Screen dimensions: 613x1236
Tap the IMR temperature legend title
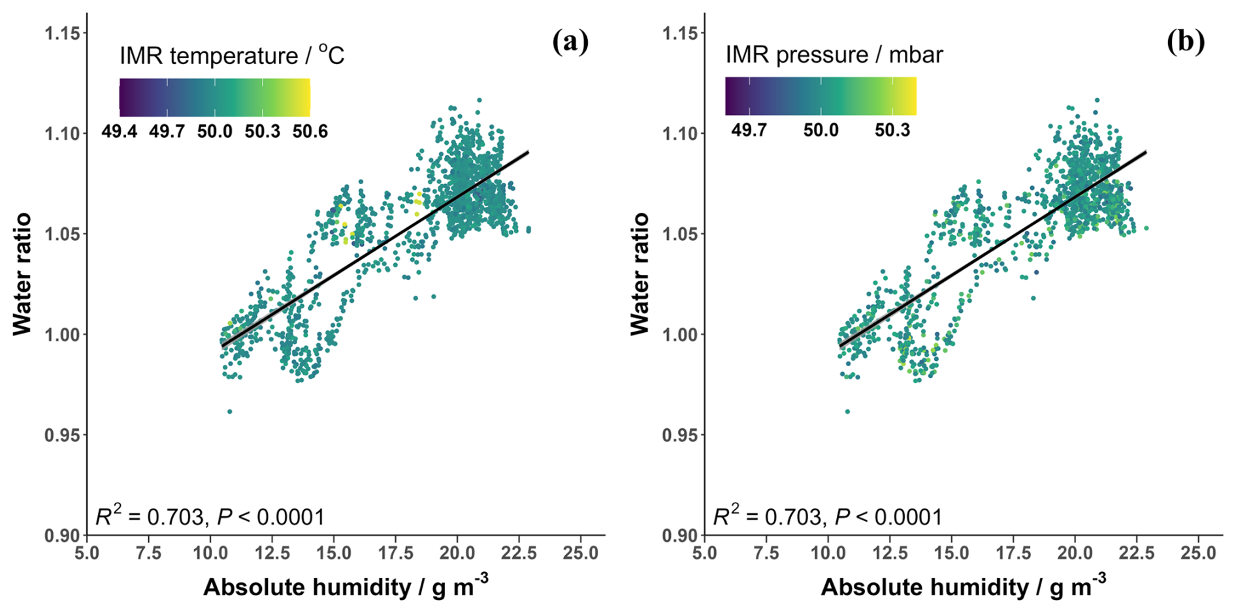click(x=232, y=55)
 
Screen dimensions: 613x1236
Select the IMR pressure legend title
click(x=834, y=55)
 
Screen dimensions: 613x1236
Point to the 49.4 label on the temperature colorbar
click(x=120, y=132)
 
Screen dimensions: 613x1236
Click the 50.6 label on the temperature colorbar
click(x=310, y=132)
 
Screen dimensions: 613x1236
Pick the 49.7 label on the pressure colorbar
click(x=749, y=130)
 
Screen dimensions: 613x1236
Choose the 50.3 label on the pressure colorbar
click(x=892, y=130)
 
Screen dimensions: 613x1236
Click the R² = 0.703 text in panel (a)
click(x=150, y=517)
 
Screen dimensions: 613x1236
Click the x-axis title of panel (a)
click(x=346, y=586)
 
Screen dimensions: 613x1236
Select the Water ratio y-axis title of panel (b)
click(x=640, y=274)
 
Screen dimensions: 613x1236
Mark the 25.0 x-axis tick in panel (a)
click(x=580, y=553)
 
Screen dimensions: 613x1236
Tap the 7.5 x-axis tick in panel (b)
click(x=766, y=553)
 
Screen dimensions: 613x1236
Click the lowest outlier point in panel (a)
click(x=229, y=411)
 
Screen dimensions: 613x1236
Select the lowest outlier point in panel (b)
click(x=847, y=411)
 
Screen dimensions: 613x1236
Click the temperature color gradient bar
click(x=214, y=97)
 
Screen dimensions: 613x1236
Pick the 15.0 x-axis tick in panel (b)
click(x=951, y=553)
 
